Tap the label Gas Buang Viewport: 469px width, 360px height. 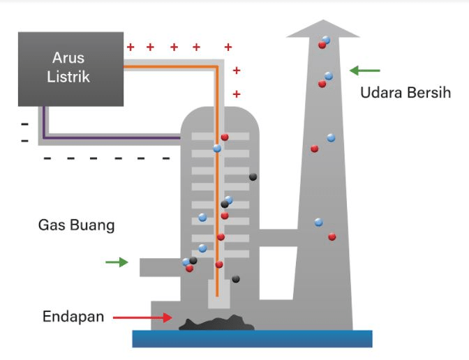(77, 225)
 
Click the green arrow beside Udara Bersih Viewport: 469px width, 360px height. (365, 70)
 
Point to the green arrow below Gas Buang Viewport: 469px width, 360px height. (117, 262)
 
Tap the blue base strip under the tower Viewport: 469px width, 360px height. (252, 338)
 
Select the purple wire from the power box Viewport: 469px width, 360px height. (105, 137)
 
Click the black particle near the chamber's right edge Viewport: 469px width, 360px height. (253, 177)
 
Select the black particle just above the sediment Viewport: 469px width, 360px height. (236, 280)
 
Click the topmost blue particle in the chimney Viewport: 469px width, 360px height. (326, 40)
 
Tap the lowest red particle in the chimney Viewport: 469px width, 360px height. (332, 237)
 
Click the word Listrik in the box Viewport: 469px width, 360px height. (68, 77)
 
